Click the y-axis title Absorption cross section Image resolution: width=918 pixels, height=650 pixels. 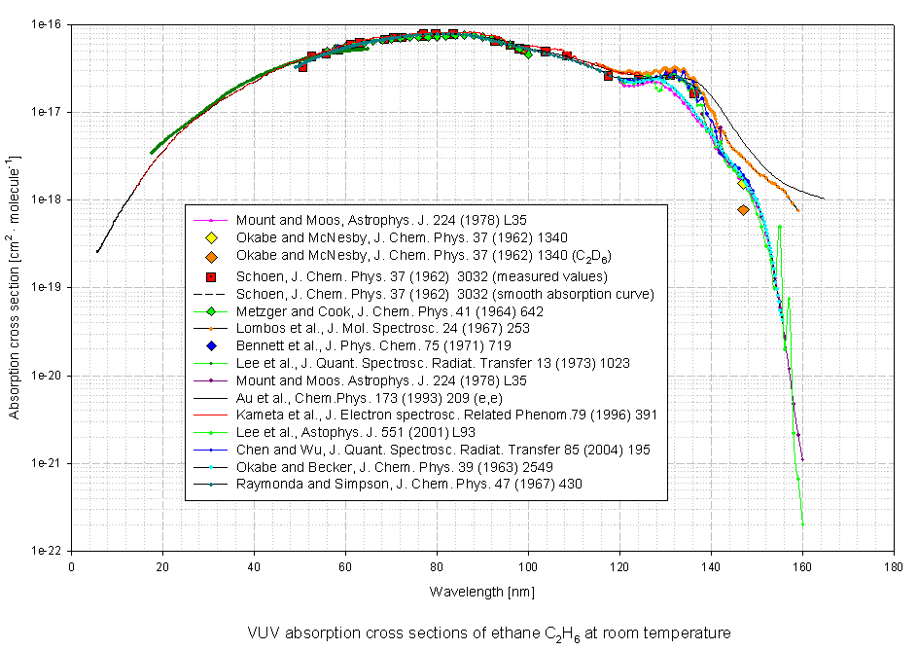[15, 286]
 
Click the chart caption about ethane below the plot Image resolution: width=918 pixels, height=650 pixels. [482, 632]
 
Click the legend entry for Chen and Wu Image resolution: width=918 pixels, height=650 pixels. [441, 450]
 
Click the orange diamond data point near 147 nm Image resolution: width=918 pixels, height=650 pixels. [743, 210]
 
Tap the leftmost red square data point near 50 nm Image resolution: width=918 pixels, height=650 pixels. [303, 68]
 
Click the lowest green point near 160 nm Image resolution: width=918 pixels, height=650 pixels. [802, 524]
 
